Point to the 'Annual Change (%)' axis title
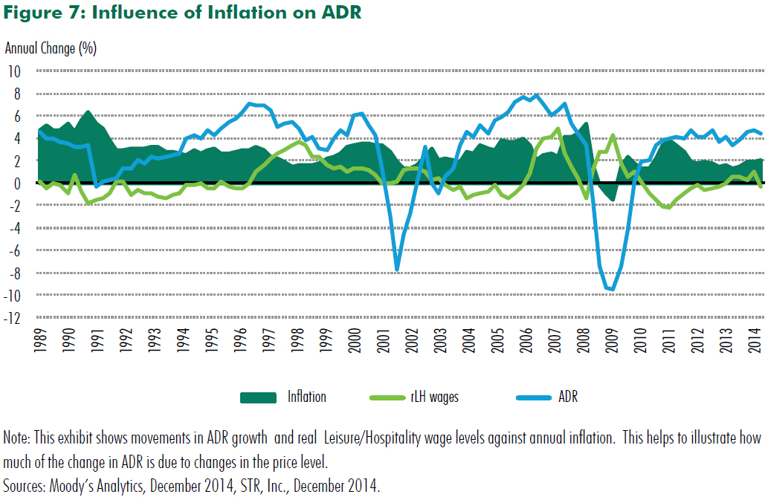51,49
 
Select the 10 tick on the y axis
15,71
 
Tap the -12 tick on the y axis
13,319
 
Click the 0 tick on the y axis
18,184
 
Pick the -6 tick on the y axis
15,251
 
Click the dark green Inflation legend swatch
258,397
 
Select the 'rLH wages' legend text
434,397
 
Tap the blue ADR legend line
534,397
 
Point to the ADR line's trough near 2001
397,270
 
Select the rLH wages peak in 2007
558,129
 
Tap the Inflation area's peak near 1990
88,111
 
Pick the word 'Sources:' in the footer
24,487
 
